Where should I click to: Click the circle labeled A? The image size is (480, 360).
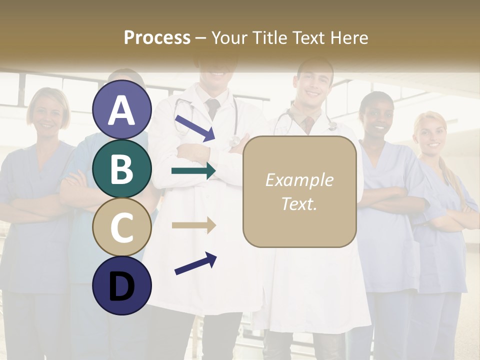(122, 109)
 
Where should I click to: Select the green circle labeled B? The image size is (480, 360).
(122, 168)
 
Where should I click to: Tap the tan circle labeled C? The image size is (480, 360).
(122, 227)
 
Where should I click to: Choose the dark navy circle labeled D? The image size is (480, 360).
(122, 285)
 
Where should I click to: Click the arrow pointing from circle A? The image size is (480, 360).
(195, 128)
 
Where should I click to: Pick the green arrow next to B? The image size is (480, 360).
(193, 171)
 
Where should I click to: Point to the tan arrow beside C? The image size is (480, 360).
(193, 225)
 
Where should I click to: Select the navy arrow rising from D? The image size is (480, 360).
(195, 263)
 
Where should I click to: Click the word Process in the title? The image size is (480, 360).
(157, 37)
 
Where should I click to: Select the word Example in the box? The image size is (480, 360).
(299, 180)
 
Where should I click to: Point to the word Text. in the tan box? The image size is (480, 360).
(299, 203)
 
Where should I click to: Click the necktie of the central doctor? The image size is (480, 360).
(213, 108)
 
